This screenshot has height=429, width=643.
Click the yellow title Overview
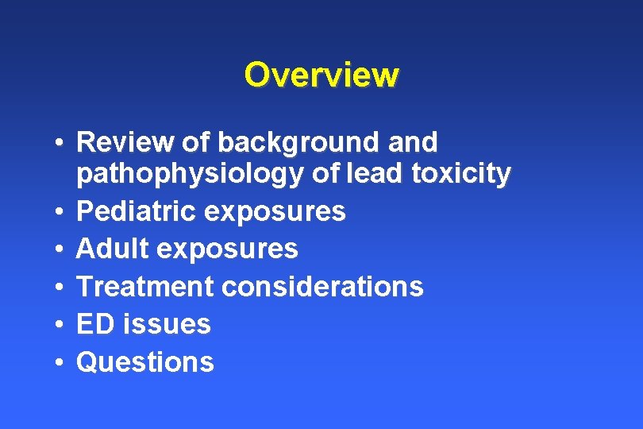tap(321, 75)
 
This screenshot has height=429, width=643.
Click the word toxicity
tap(464, 173)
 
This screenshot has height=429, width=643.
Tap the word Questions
tap(144, 362)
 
